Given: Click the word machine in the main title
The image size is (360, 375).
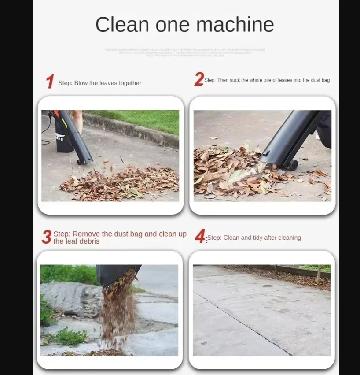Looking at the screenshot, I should tap(235, 24).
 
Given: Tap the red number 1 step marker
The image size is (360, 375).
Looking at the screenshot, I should tap(50, 82).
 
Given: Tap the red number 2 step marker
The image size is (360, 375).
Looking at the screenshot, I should tap(199, 80).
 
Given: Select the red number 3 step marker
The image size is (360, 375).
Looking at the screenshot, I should tap(47, 237).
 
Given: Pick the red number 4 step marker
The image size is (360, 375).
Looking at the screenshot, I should tap(200, 237).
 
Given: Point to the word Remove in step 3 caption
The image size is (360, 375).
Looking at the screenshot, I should tap(86, 234).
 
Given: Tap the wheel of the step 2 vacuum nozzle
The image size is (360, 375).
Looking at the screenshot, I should tap(292, 165).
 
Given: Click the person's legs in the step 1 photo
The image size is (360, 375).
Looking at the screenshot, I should tap(77, 121).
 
